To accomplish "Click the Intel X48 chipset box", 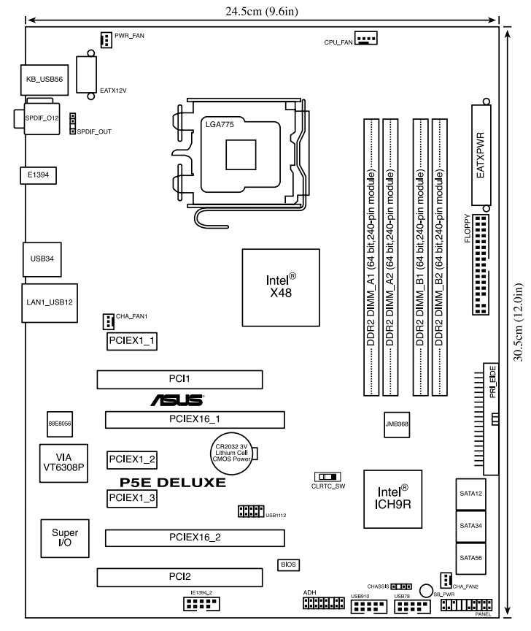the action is click(x=281, y=287).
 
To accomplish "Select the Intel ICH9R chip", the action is click(x=392, y=499).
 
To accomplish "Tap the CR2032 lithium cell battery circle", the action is click(x=231, y=453).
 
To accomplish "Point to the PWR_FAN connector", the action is click(x=106, y=40).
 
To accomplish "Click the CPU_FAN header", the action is click(x=365, y=39).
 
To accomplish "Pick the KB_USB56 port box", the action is click(x=44, y=80).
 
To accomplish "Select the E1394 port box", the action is click(x=38, y=175).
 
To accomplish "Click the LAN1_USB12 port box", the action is click(x=50, y=302).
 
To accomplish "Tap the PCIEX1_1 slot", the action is click(x=132, y=341).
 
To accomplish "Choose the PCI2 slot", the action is click(x=179, y=577).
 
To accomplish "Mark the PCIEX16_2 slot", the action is click(x=195, y=538).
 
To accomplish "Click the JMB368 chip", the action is click(x=397, y=424).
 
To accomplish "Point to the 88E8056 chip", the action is click(x=60, y=424).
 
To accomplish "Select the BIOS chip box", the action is click(x=288, y=565).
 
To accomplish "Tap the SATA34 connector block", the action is click(x=470, y=526).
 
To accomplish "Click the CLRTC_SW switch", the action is click(x=327, y=477).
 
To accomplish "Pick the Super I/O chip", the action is click(x=65, y=538).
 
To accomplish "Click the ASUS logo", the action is click(x=177, y=400).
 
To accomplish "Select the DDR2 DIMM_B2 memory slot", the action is click(x=439, y=257).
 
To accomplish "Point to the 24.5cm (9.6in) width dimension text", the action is click(x=262, y=11).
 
